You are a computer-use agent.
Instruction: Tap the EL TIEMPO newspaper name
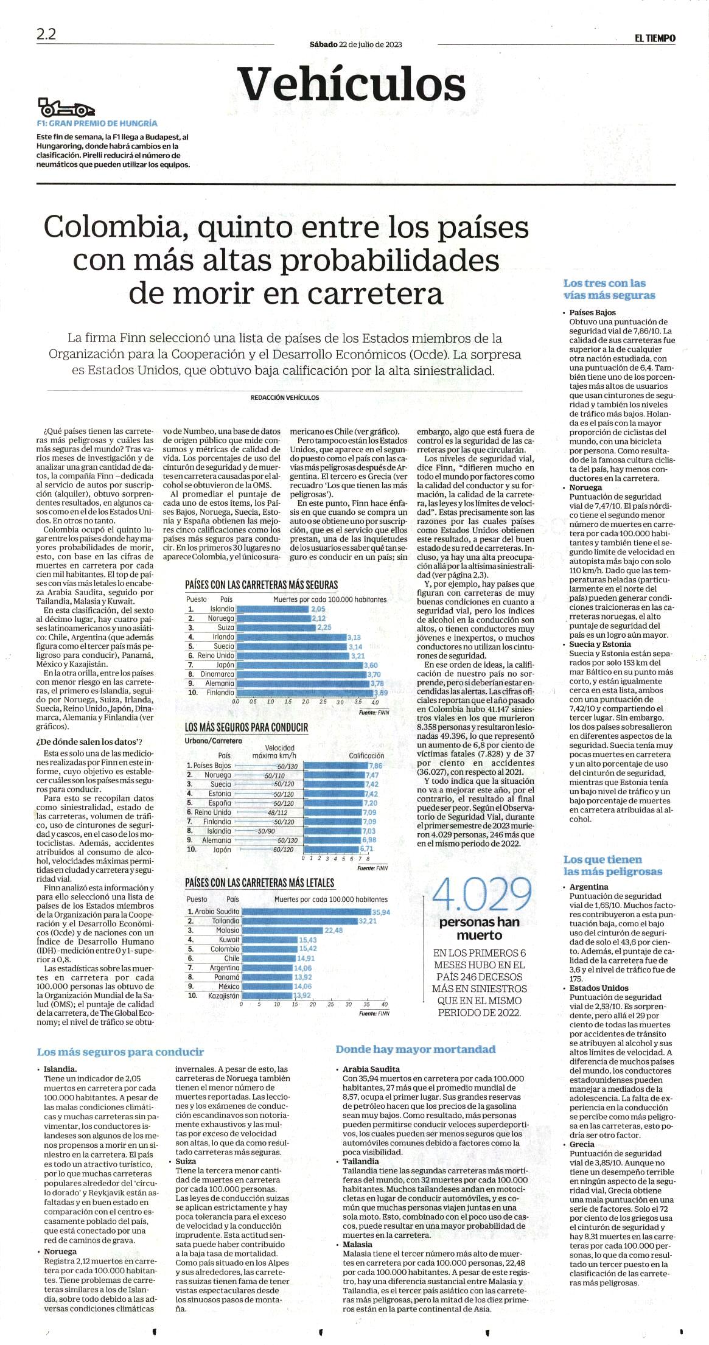(655, 38)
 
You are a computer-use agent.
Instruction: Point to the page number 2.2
(46, 35)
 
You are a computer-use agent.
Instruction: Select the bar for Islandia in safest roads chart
(273, 609)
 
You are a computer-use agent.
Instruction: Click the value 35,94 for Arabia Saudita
(381, 912)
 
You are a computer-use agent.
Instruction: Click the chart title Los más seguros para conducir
(246, 727)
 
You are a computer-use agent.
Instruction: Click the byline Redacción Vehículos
(285, 397)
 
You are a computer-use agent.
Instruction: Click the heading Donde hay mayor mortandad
(416, 1049)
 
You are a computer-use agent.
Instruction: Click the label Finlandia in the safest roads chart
(220, 693)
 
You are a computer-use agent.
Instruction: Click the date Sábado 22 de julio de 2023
(355, 44)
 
